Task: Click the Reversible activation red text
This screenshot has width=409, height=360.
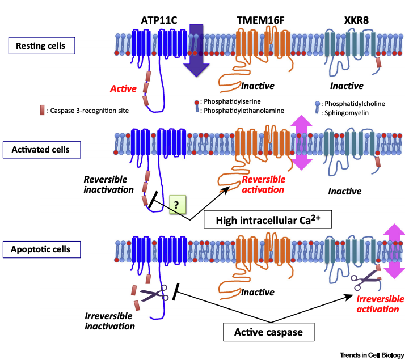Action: coord(267,185)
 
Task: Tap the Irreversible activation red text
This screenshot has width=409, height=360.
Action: coord(380,304)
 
